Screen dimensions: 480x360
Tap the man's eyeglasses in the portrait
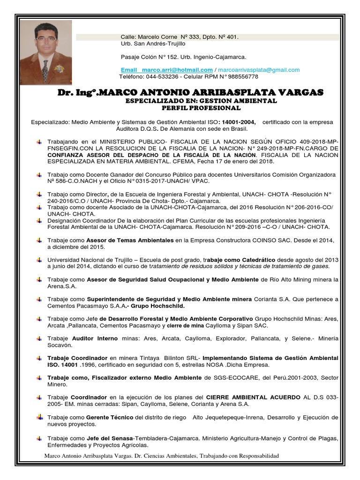tap(46, 39)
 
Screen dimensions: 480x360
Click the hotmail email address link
tap(166, 70)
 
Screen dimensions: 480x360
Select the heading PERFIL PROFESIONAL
tap(201, 108)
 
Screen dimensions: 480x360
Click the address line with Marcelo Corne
tap(180, 37)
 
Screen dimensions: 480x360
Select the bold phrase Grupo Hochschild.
tap(157, 306)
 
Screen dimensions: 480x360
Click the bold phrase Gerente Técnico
tap(110, 417)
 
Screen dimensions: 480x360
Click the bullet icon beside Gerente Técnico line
tap(40, 417)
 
